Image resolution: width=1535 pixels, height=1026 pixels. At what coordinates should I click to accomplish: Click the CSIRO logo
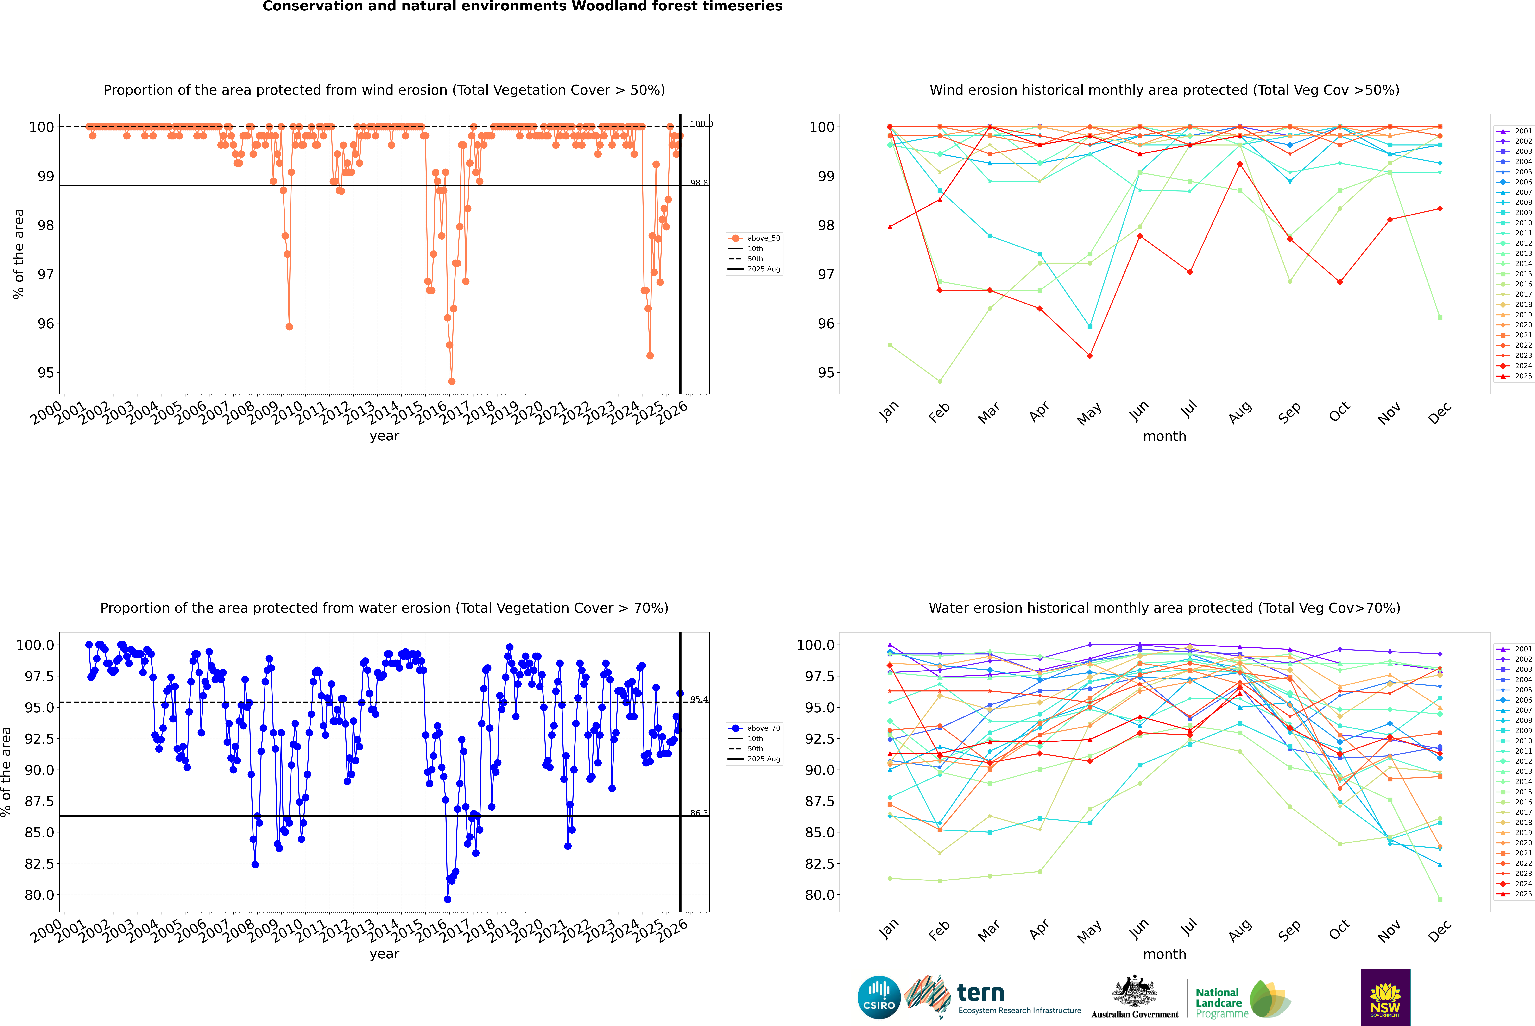879,997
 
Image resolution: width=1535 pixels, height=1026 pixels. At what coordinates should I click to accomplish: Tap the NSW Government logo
1385,997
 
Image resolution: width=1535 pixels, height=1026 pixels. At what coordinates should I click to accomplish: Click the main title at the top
522,6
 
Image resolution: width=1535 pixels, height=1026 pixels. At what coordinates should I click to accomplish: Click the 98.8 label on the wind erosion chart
699,183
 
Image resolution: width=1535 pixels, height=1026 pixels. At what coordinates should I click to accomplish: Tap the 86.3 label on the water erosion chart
699,813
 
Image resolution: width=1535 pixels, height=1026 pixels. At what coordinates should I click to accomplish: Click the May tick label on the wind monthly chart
1089,414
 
